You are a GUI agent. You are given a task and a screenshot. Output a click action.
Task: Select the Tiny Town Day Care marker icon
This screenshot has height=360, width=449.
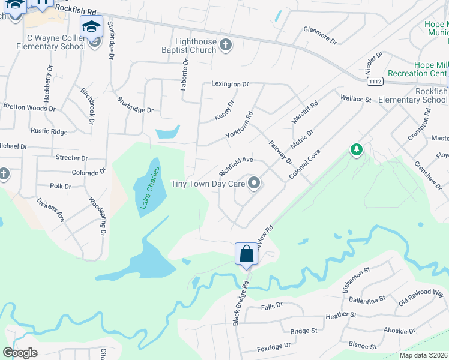(254, 184)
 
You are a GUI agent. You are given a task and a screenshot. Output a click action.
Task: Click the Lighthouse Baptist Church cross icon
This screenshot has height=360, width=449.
(226, 46)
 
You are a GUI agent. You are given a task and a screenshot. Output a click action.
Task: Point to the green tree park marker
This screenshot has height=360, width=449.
(357, 149)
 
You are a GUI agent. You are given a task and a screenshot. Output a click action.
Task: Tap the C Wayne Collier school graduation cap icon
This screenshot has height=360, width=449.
(92, 26)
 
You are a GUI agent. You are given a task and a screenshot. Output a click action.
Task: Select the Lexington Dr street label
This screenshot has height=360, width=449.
(229, 84)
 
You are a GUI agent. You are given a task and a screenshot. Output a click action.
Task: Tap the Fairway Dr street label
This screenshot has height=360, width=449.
(280, 152)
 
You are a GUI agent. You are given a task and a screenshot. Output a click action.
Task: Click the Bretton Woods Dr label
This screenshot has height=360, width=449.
(29, 108)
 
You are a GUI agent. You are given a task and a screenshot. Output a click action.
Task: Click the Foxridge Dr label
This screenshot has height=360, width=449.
(274, 346)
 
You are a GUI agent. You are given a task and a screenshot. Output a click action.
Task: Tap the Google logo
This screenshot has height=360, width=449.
(20, 353)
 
